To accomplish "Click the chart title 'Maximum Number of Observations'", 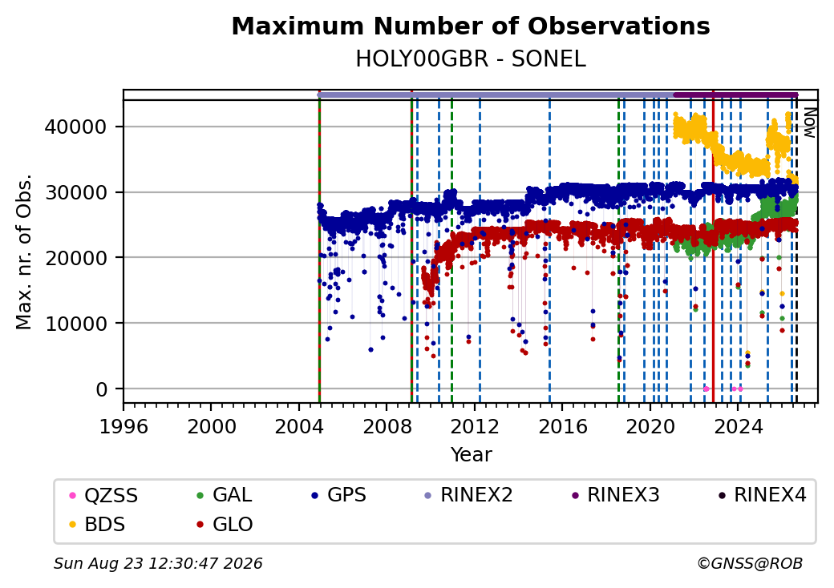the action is pos(471,26).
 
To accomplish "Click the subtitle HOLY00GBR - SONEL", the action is pos(471,59).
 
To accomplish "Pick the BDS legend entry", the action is pos(98,525).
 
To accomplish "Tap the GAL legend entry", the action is pos(225,495).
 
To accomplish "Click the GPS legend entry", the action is pos(338,495).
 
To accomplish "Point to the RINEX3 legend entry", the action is pos(615,495).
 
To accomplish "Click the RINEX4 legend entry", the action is pos(762,495).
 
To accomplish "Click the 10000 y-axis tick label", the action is pos(76,324).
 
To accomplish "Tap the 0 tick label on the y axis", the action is pos(102,389).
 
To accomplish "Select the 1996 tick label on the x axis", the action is pos(124,426).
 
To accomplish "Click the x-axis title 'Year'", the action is pos(472,455).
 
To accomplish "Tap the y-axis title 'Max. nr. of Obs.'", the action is pos(24,252).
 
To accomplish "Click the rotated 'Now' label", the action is pos(809,123).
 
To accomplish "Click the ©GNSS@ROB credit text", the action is pos(750,563).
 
